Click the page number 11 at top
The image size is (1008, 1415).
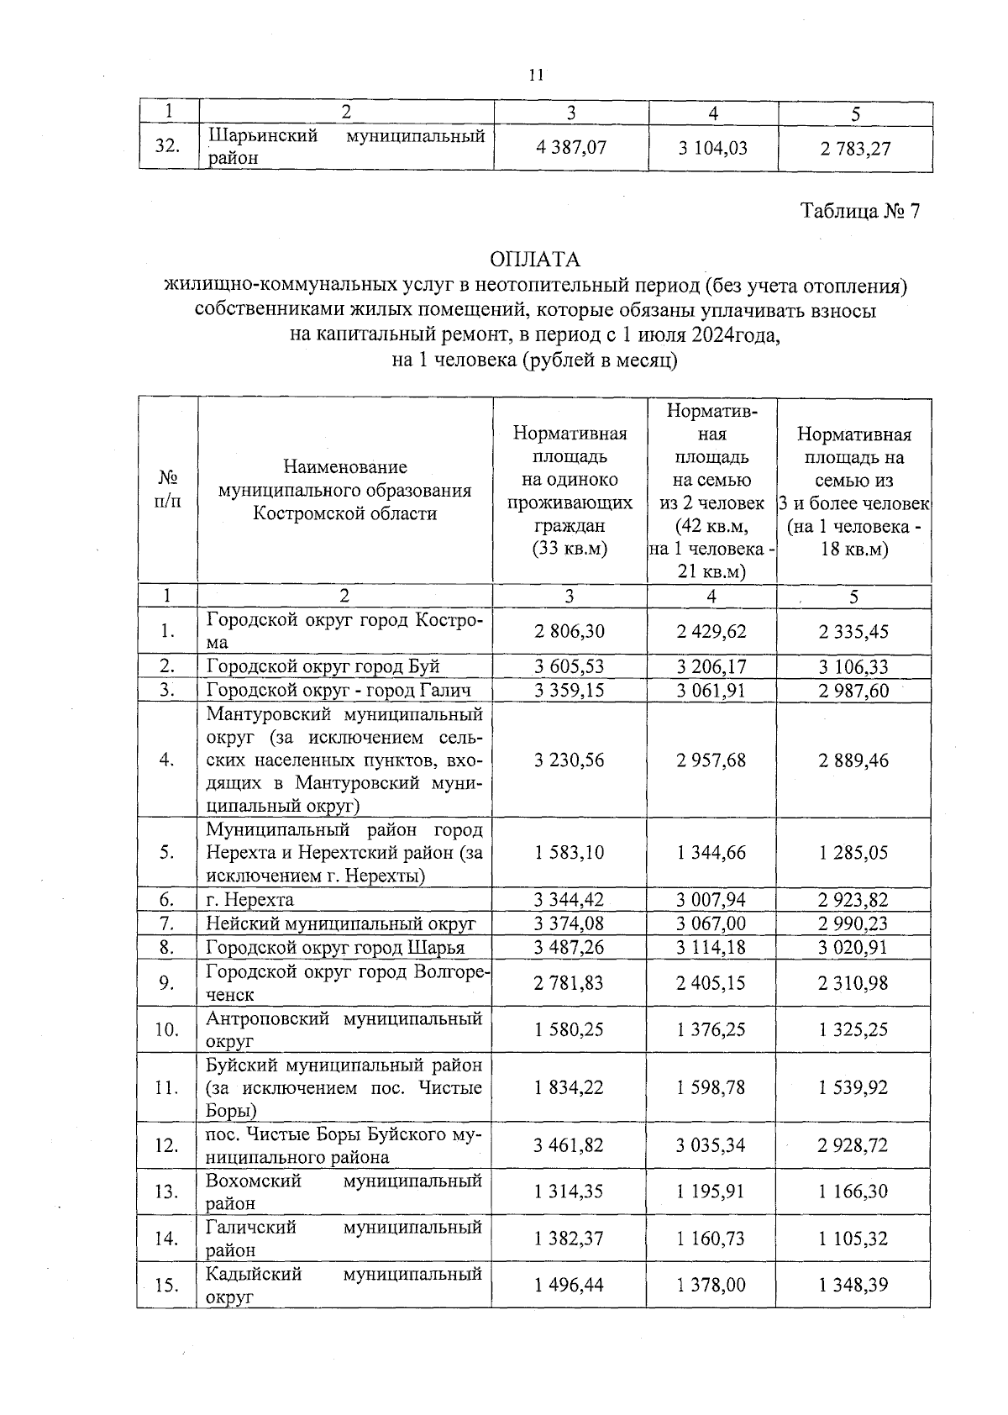point(536,76)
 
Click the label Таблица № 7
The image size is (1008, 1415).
point(860,210)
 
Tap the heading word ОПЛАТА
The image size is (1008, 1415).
point(535,258)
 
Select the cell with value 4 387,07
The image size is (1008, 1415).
point(571,148)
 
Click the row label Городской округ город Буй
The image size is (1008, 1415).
point(323,667)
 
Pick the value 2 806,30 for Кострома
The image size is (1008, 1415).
point(570,631)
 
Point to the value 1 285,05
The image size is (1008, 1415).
point(853,853)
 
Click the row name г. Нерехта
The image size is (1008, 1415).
point(250,900)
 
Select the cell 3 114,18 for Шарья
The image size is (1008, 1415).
point(711,948)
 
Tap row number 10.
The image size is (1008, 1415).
point(168,1030)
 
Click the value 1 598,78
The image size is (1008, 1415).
point(711,1088)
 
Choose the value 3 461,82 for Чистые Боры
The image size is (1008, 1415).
point(570,1145)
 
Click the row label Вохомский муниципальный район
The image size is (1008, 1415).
point(344,1191)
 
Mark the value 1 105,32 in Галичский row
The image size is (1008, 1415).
point(853,1239)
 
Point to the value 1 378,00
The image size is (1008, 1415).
point(711,1286)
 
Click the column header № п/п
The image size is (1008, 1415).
point(168,490)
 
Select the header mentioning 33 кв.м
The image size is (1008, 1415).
point(570,492)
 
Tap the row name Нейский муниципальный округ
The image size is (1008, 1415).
point(341,924)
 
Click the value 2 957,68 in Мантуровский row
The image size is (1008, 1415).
point(711,760)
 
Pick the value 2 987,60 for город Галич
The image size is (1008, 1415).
point(853,691)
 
